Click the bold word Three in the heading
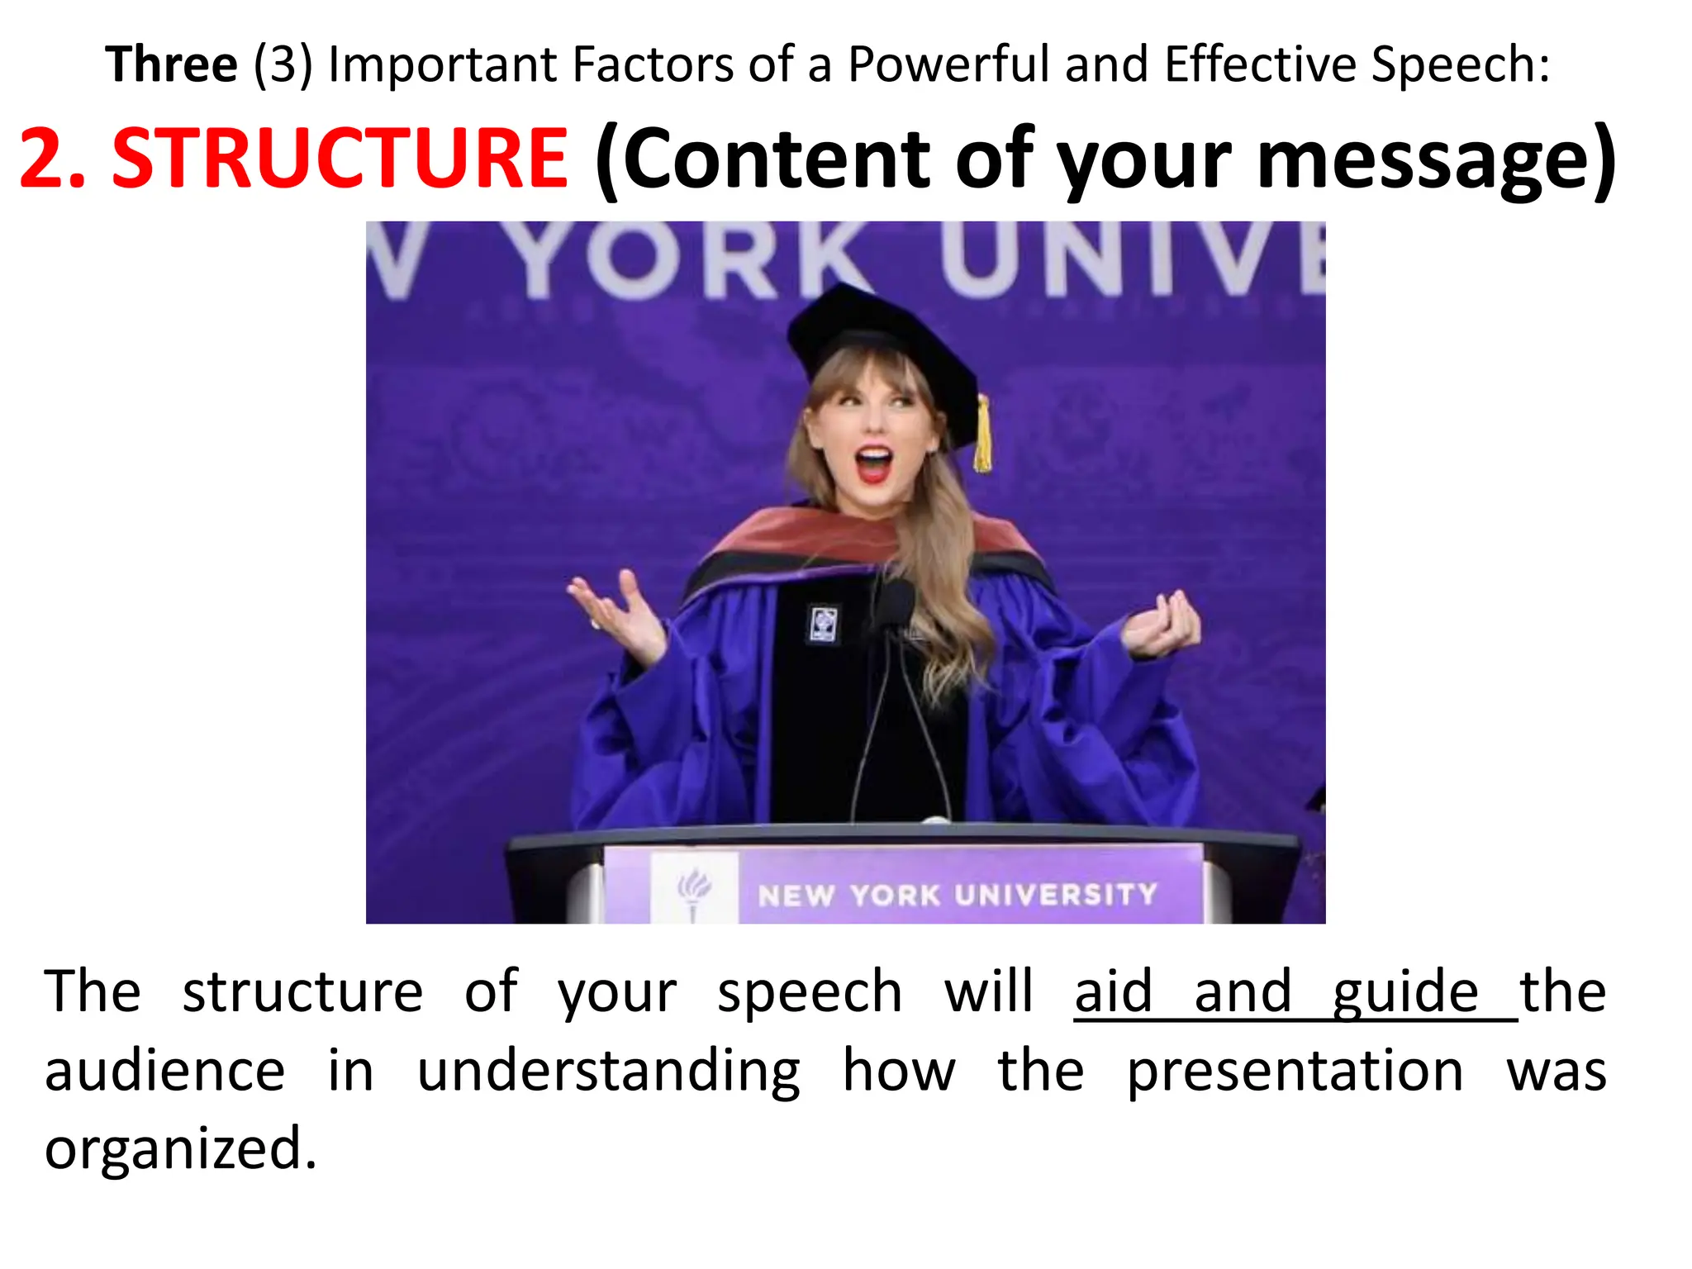(x=171, y=64)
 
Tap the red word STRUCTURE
(x=339, y=158)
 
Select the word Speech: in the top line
(x=1460, y=64)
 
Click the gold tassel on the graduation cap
(x=982, y=433)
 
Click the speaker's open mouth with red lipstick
(x=874, y=463)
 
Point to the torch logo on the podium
(x=693, y=891)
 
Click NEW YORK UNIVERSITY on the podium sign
(x=958, y=895)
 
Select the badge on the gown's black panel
(x=822, y=624)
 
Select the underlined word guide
(x=1405, y=992)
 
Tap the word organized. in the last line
(x=180, y=1149)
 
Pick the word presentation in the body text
(x=1295, y=1072)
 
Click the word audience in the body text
(x=164, y=1072)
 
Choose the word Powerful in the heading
(x=949, y=64)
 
